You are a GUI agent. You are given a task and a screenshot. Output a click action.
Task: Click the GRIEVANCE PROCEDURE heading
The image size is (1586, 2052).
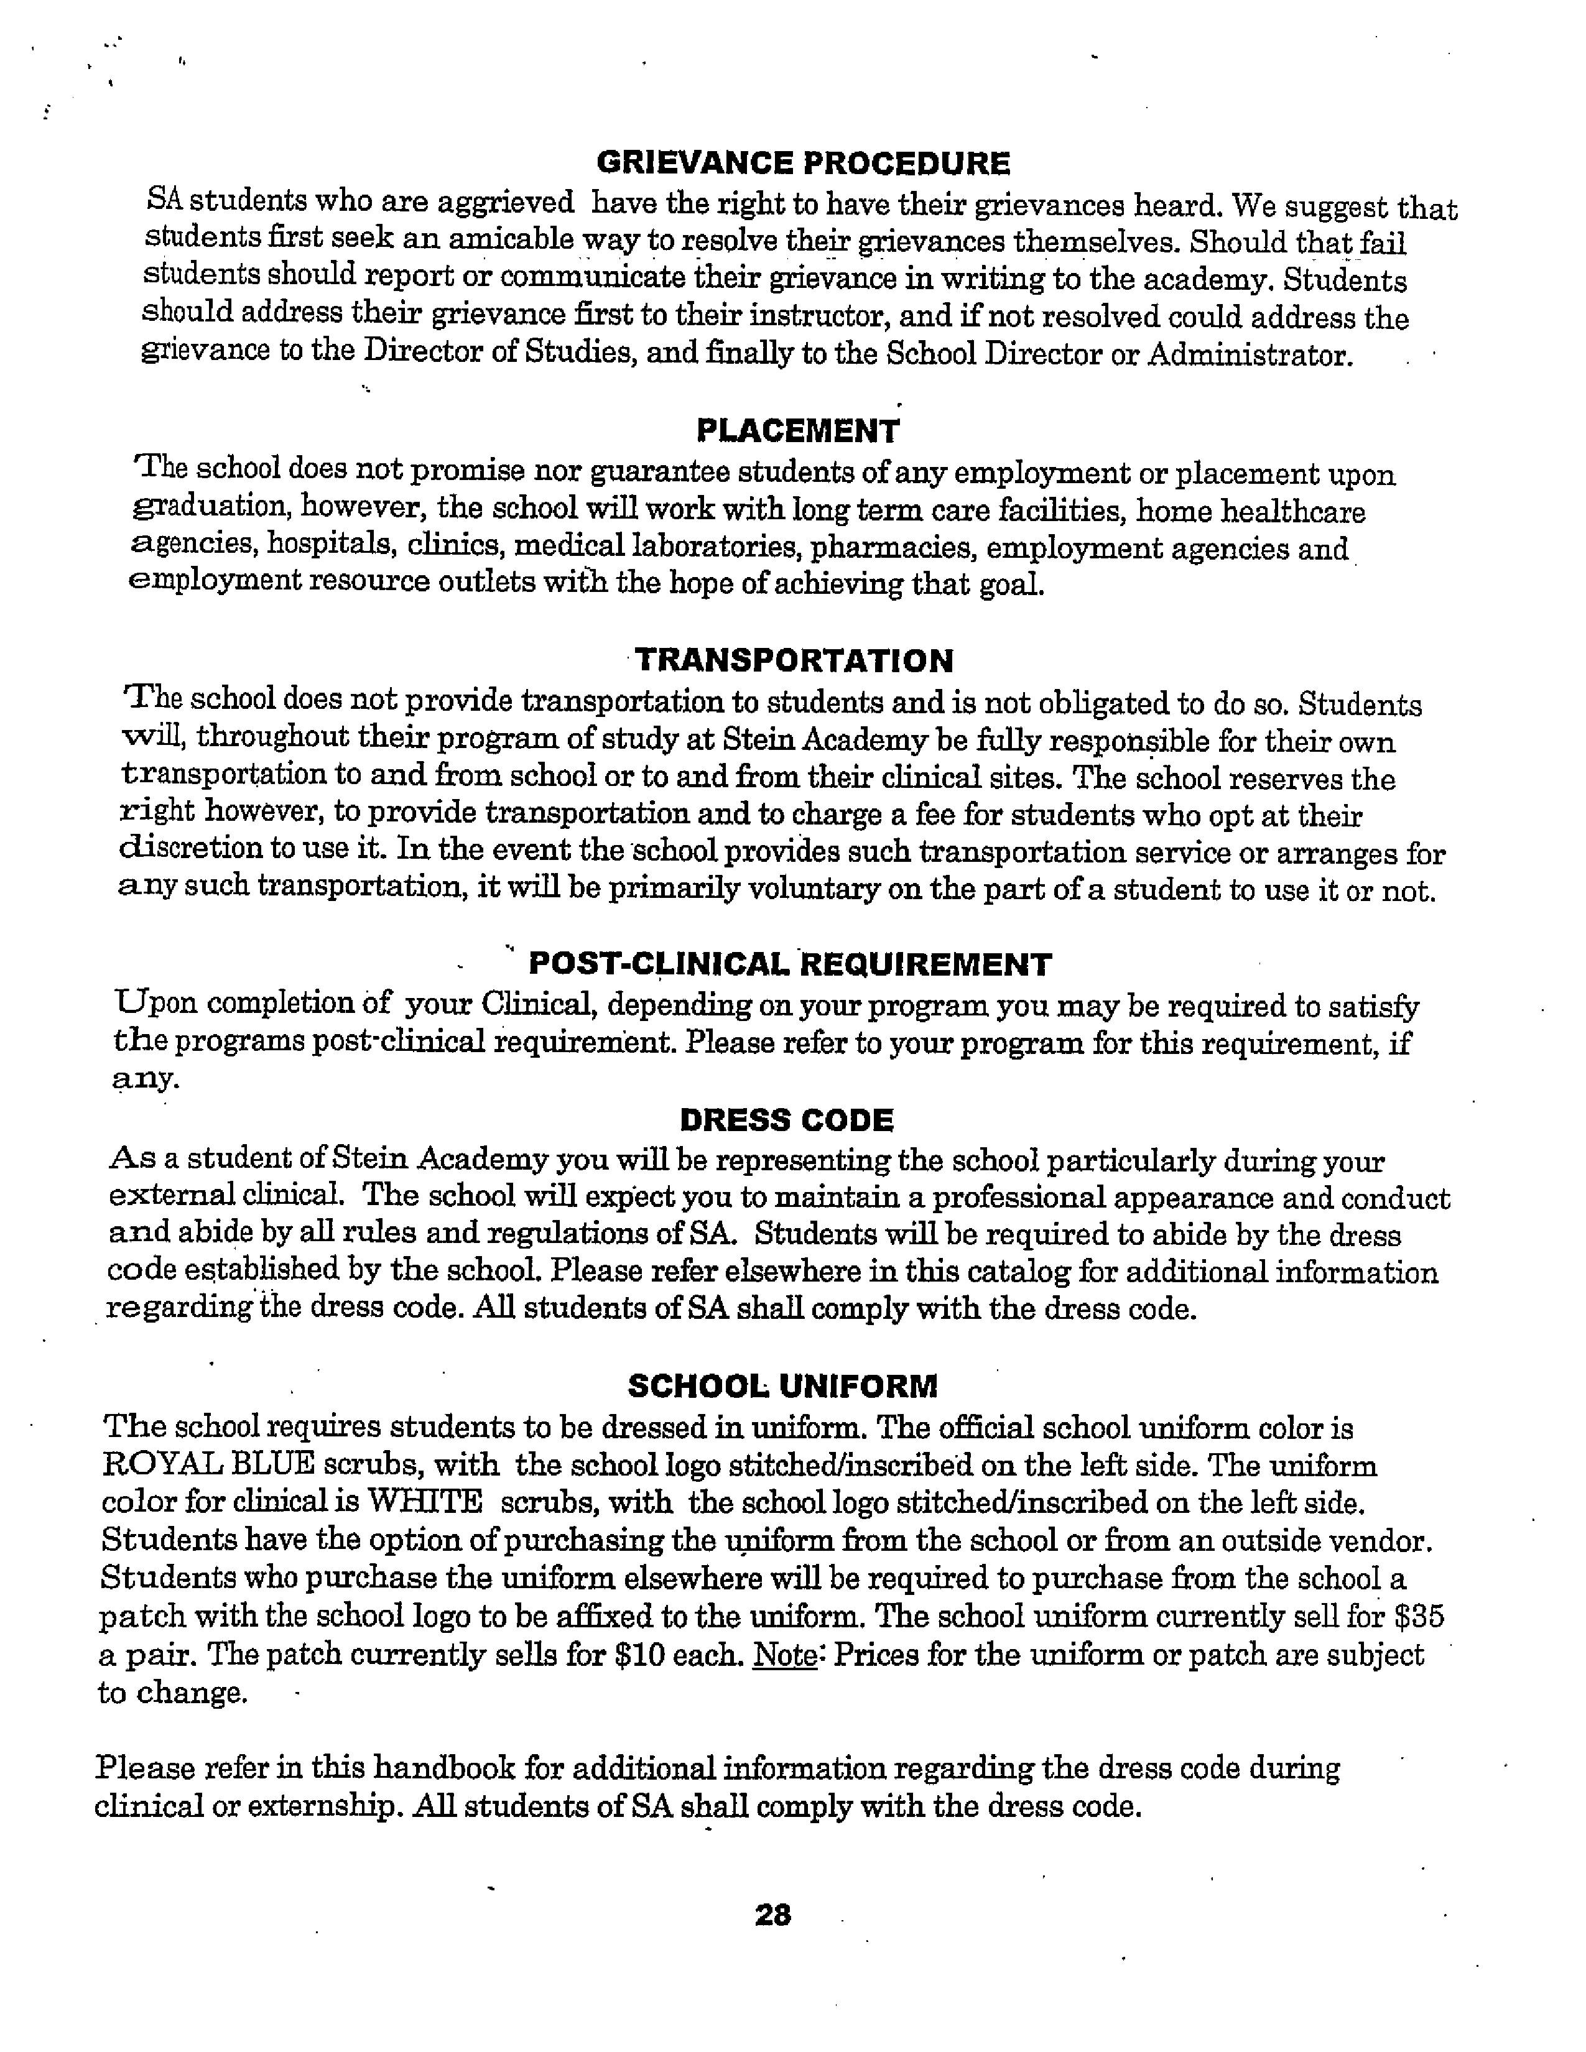coord(804,164)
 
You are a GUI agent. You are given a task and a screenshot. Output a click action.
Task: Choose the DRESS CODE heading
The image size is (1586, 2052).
coord(786,1120)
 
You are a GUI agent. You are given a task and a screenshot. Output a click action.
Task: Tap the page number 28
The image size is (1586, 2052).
coord(772,1914)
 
